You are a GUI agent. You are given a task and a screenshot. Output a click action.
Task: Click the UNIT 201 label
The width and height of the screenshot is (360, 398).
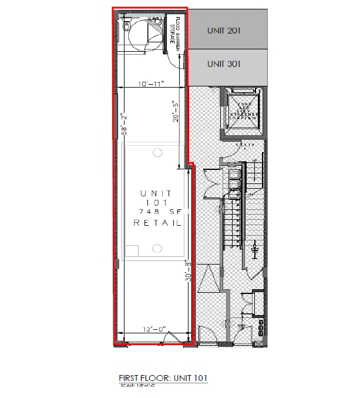click(x=224, y=30)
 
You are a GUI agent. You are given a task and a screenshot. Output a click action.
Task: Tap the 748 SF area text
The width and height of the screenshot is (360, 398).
click(x=156, y=210)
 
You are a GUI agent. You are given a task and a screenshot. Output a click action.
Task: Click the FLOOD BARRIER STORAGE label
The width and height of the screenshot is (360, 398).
click(x=174, y=33)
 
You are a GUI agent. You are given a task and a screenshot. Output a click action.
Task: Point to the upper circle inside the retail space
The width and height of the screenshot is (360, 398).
click(x=157, y=152)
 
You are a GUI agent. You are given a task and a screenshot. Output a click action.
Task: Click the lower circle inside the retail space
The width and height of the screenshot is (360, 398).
click(x=157, y=249)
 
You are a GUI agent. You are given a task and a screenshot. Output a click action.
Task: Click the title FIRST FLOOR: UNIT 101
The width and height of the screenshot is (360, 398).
click(x=163, y=377)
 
